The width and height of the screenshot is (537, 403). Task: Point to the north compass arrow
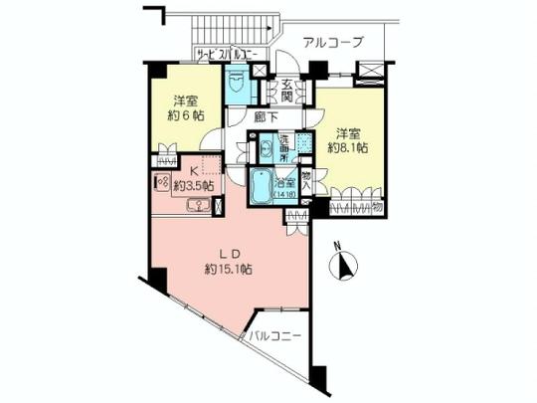[x=345, y=266]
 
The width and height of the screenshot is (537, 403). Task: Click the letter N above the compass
[x=337, y=245]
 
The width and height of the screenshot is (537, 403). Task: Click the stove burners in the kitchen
[x=161, y=184]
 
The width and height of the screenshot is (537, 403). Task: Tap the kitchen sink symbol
[x=199, y=206]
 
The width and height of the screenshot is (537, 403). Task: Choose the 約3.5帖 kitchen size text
[x=194, y=184]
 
